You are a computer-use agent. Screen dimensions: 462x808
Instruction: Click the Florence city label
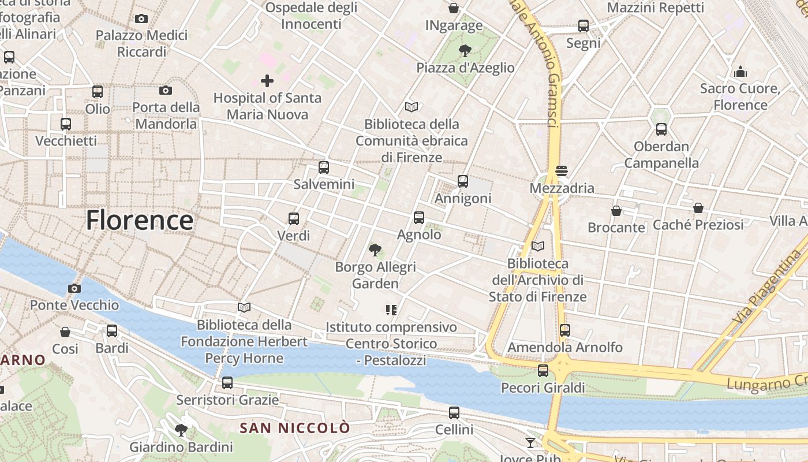tap(140, 221)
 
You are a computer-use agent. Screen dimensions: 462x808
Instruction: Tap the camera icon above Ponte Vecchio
tap(74, 288)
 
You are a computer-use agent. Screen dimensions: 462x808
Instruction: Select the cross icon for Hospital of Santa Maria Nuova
tap(267, 80)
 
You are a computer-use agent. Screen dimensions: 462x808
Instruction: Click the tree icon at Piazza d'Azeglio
tap(465, 51)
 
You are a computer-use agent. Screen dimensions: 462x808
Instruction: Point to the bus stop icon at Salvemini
tap(324, 167)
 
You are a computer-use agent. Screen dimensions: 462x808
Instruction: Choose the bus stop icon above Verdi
tap(294, 218)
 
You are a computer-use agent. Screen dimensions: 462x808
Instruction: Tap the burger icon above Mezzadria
tap(562, 171)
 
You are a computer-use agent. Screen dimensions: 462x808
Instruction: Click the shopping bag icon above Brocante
tap(616, 211)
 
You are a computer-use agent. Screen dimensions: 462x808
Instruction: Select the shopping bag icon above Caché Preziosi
tap(698, 207)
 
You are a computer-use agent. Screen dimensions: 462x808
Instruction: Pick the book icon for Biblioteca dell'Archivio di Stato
tap(538, 247)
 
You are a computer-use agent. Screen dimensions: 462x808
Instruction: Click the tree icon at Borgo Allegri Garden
tap(375, 250)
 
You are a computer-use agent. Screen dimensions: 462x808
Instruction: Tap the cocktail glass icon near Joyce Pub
tap(530, 443)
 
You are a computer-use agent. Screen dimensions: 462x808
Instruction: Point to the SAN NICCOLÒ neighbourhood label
tap(295, 428)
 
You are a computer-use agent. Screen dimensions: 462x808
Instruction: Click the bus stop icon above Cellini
tap(454, 413)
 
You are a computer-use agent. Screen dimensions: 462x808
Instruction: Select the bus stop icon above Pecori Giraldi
tap(543, 371)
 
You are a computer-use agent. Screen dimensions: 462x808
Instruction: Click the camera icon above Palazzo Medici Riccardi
tap(141, 18)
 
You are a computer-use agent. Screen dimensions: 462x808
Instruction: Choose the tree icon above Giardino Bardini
tap(181, 430)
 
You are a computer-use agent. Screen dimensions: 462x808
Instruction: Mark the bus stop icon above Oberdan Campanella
tap(661, 129)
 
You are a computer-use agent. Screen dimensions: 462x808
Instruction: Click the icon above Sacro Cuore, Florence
tap(740, 72)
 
